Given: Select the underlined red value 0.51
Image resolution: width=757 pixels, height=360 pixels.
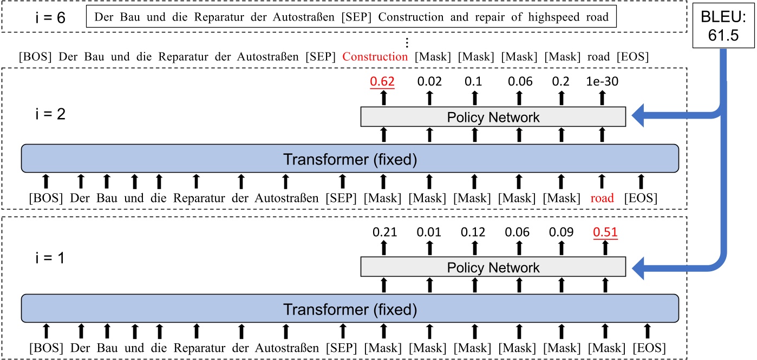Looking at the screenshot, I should pos(605,233).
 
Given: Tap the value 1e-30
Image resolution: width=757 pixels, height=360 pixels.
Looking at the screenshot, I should pos(602,82).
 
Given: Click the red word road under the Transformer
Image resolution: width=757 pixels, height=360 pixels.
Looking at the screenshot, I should pos(602,198).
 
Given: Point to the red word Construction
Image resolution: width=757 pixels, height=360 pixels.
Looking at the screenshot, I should pos(375,56).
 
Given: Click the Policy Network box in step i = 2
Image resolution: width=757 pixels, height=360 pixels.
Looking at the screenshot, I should pos(493,117).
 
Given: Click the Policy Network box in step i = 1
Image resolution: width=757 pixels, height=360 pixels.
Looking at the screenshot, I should pos(493,267).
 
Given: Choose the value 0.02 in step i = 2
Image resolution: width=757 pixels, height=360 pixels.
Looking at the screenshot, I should pos(429,82).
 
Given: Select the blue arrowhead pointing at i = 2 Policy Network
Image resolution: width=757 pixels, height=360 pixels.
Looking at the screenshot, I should pos(639,117).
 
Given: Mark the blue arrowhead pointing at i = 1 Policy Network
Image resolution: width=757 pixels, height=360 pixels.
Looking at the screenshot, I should pos(639,267).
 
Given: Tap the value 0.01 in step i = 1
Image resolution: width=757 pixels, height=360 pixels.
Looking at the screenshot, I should pos(429,233).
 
